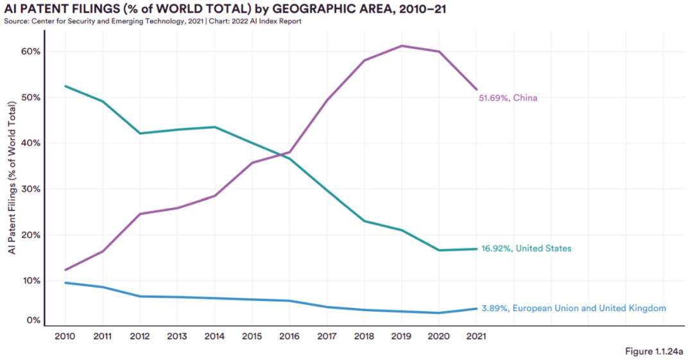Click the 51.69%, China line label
[508, 98]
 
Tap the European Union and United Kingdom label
[573, 309]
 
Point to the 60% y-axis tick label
[31, 51]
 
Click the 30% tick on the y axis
[31, 189]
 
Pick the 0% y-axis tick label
[34, 320]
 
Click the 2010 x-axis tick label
[65, 336]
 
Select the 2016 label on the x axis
[289, 336]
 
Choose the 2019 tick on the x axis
[402, 336]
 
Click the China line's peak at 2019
[402, 46]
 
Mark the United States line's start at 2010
[65, 86]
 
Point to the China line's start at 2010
[65, 270]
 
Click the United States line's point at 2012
[140, 133]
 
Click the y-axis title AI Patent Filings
[12, 187]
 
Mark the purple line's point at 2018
[364, 60]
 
